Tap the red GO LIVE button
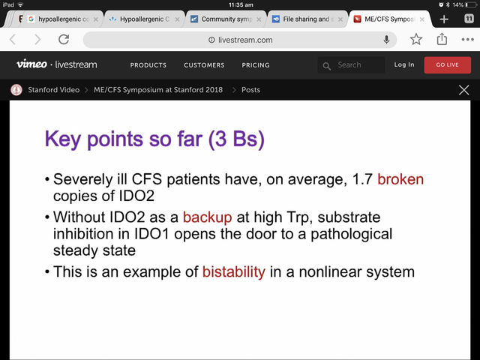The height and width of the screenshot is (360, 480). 447,65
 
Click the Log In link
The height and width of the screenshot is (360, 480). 404,64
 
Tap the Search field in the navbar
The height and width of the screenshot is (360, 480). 351,65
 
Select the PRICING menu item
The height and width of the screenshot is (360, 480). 256,65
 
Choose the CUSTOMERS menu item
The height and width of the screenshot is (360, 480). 204,65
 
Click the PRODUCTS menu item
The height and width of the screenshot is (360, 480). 148,65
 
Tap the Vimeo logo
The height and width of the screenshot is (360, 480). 31,64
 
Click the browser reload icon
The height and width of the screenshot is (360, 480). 64,40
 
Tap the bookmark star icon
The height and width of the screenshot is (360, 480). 416,39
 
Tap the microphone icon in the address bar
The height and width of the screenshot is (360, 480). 387,40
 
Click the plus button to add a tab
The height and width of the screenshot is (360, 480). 444,19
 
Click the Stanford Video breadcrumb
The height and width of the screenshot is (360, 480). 53,90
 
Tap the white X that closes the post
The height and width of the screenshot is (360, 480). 463,90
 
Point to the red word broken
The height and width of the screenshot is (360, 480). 400,179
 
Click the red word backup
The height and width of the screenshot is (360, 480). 208,217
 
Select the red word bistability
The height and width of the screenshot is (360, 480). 234,271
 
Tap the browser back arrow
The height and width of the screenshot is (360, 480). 13,40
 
